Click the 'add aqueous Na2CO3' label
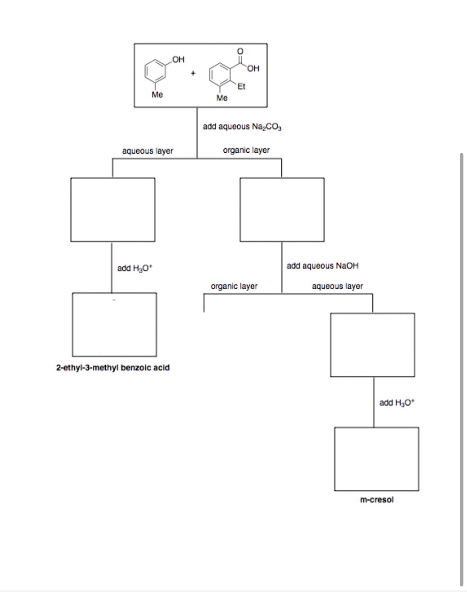click(242, 127)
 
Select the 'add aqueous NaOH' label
click(322, 266)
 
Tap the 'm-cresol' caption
click(377, 499)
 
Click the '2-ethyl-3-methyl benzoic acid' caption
click(113, 368)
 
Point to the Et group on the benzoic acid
click(241, 86)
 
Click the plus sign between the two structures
click(193, 73)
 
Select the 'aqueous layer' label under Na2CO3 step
click(148, 151)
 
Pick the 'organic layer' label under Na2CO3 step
click(246, 150)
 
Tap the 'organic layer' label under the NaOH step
click(234, 286)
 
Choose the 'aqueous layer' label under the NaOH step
click(337, 286)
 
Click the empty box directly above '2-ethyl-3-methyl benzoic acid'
click(114, 324)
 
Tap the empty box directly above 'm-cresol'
click(376, 459)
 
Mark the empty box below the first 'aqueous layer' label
click(112, 209)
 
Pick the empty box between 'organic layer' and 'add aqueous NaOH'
click(282, 209)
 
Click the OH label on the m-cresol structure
click(178, 59)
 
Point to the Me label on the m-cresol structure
click(157, 95)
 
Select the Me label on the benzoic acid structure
click(222, 98)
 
